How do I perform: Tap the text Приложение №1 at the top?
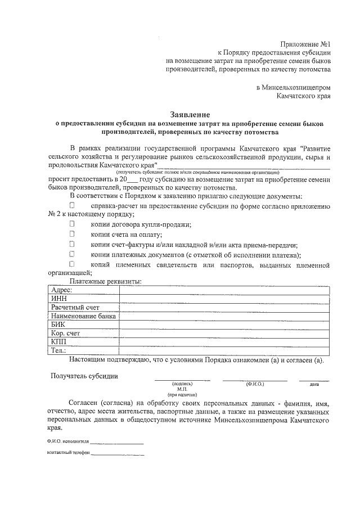click(x=304, y=42)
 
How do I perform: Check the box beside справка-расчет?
click(x=72, y=206)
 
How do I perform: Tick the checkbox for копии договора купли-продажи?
click(x=72, y=224)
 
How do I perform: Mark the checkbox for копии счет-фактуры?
click(x=72, y=244)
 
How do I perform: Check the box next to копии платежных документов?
click(x=72, y=254)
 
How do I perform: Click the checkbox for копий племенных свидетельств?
click(x=72, y=263)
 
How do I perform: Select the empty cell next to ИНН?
click(x=224, y=299)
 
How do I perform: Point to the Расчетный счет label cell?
click(x=75, y=308)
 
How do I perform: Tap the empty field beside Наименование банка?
click(x=224, y=316)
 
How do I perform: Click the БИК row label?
click(x=58, y=325)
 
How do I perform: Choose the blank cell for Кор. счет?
click(x=224, y=333)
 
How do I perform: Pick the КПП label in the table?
click(x=58, y=341)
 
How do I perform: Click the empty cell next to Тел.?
click(x=224, y=350)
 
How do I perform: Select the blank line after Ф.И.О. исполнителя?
click(x=116, y=444)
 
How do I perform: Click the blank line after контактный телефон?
click(x=118, y=454)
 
